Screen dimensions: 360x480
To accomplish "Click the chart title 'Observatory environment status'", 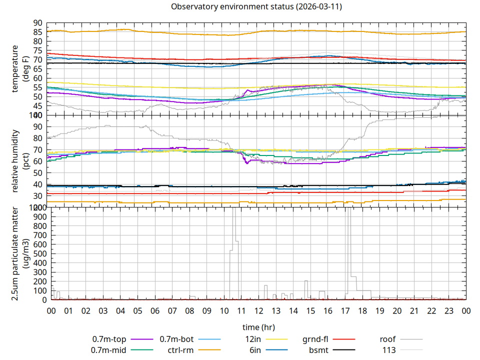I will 256,6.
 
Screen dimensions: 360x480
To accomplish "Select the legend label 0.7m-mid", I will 108,349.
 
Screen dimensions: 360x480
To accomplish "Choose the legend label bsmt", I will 318,349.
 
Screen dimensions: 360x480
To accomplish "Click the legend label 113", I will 389,349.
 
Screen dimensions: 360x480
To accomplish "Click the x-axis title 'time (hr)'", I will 258,327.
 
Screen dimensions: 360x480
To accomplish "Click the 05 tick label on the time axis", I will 137,311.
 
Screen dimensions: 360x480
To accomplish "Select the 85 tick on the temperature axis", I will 38,32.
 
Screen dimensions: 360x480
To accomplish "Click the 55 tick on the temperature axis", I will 38,87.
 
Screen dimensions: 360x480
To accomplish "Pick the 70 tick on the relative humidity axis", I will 38,150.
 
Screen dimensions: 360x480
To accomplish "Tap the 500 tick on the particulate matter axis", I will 35,253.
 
